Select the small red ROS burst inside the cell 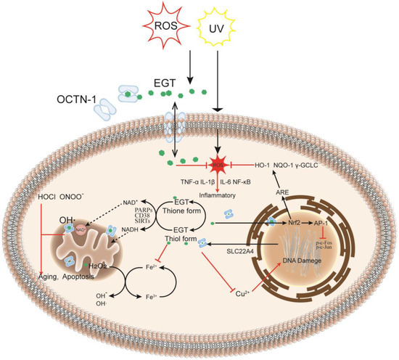pyautogui.click(x=216, y=165)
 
